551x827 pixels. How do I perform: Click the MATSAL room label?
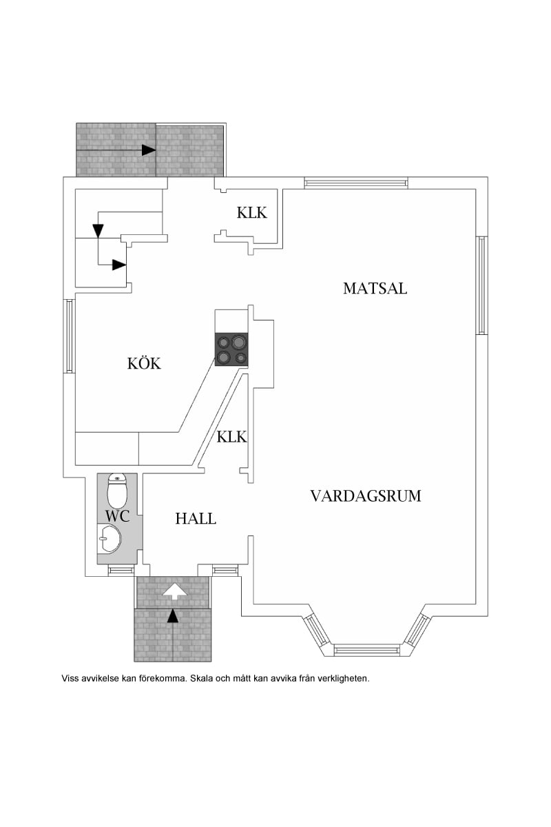pyautogui.click(x=375, y=288)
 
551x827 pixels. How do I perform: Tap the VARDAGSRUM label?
pyautogui.click(x=365, y=496)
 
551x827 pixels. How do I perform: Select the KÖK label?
pyautogui.click(x=144, y=363)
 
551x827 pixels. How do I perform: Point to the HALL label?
pyautogui.click(x=196, y=519)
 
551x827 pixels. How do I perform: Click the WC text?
pyautogui.click(x=117, y=515)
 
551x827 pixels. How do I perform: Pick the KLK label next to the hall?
pyautogui.click(x=231, y=437)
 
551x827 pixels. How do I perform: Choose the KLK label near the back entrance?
pyautogui.click(x=251, y=213)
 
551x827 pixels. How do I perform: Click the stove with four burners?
pyautogui.click(x=231, y=349)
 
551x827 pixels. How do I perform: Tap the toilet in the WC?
pyautogui.click(x=118, y=491)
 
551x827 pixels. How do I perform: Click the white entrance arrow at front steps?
pyautogui.click(x=173, y=590)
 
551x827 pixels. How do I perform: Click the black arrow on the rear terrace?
pyautogui.click(x=148, y=150)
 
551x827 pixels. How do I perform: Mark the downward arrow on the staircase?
pyautogui.click(x=98, y=230)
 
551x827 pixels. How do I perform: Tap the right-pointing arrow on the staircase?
pyautogui.click(x=119, y=265)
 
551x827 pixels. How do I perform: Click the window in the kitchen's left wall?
pyautogui.click(x=69, y=336)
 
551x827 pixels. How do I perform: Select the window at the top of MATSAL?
pyautogui.click(x=355, y=183)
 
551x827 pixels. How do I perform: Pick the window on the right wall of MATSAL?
pyautogui.click(x=481, y=285)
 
